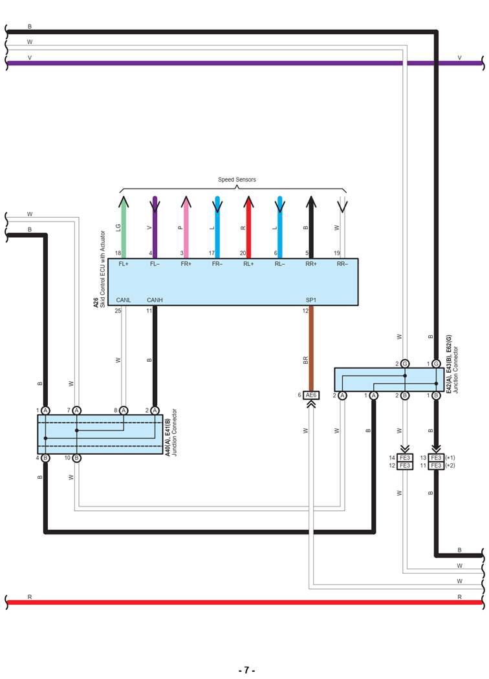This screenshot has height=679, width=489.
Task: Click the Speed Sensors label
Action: click(237, 180)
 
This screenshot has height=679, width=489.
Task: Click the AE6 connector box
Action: click(311, 395)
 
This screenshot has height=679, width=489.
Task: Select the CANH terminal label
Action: click(155, 300)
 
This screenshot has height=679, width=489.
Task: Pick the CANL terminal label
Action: click(123, 300)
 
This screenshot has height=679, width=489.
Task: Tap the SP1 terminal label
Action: click(311, 300)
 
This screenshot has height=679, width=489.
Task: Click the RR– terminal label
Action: click(342, 264)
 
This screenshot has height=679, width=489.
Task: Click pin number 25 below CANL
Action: click(118, 311)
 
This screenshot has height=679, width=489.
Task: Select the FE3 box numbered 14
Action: click(405, 457)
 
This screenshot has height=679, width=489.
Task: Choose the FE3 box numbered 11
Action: click(436, 465)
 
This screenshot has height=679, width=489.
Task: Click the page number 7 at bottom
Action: click(245, 670)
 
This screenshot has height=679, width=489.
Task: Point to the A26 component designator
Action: click(96, 302)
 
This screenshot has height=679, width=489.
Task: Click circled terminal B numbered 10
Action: click(76, 458)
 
